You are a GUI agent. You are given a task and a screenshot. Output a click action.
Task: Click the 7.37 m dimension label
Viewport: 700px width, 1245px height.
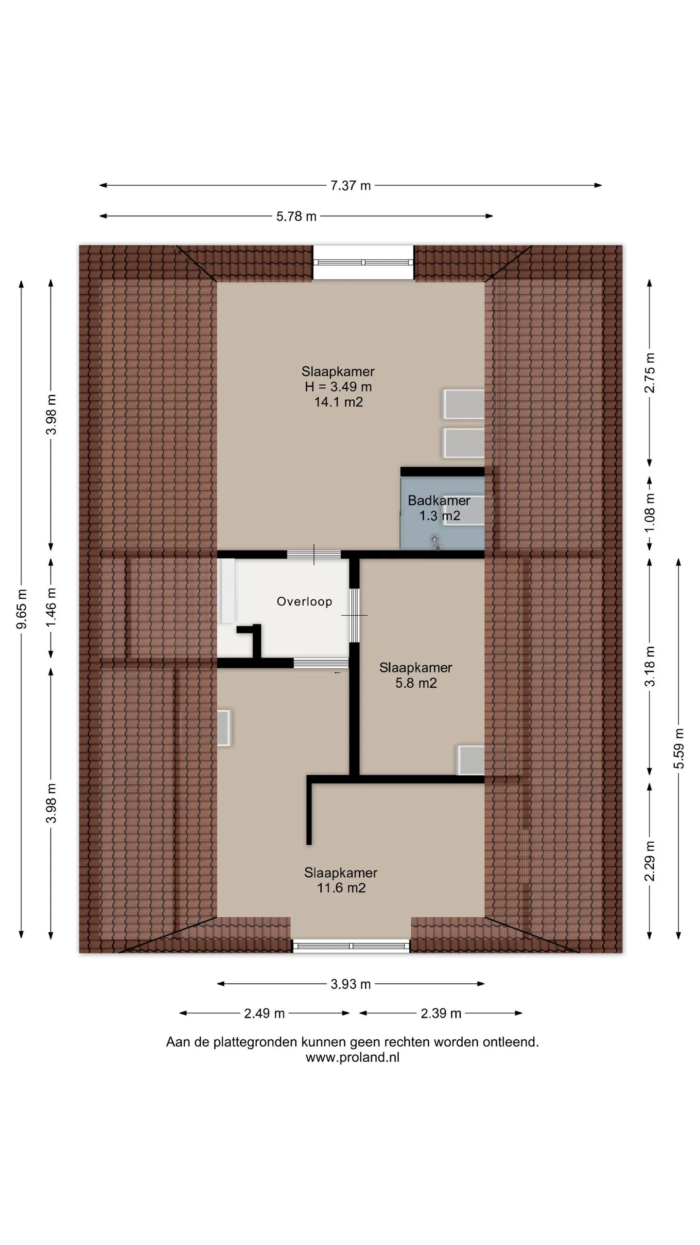click(x=350, y=185)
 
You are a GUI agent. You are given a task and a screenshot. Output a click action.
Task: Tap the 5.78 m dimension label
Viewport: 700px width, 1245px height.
click(x=296, y=216)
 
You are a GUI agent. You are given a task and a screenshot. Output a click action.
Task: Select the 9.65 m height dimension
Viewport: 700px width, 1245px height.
click(x=21, y=608)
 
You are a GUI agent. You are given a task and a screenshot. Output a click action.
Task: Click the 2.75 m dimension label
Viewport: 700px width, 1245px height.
click(x=650, y=373)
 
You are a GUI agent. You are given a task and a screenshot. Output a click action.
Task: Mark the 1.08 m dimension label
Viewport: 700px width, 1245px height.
click(x=650, y=513)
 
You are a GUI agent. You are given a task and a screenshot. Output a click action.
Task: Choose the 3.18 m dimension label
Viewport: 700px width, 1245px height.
click(x=650, y=666)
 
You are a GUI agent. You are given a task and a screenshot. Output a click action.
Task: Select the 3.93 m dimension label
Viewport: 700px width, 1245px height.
click(x=350, y=984)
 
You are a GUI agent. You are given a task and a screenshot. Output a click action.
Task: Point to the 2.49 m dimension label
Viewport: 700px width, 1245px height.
click(x=264, y=1013)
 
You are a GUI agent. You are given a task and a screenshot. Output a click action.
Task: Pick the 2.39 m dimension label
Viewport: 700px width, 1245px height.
click(x=441, y=1013)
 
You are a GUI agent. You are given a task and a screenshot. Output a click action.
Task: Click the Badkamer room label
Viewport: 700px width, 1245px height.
click(x=439, y=500)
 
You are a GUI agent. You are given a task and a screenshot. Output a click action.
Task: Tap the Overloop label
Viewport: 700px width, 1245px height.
click(x=305, y=602)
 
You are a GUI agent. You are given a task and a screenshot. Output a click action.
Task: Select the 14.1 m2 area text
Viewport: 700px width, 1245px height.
click(x=338, y=402)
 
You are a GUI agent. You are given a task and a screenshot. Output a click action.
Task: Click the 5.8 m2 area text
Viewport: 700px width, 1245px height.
click(x=416, y=683)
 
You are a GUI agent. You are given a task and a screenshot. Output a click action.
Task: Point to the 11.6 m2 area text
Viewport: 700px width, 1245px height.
click(x=341, y=888)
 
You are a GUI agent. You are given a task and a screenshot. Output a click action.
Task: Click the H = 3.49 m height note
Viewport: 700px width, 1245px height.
click(x=338, y=387)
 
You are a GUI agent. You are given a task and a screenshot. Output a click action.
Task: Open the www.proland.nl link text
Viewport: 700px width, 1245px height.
click(x=352, y=1057)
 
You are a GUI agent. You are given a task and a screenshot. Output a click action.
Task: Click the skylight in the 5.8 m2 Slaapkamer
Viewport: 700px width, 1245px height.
click(x=471, y=760)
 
